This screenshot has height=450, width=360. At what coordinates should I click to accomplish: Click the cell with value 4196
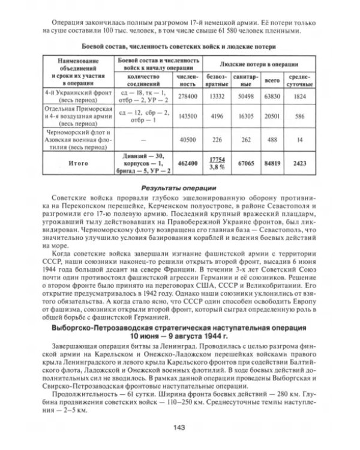[217, 117]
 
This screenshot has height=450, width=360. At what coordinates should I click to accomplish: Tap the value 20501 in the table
[277, 117]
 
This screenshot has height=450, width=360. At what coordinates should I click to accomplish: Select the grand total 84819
[277, 162]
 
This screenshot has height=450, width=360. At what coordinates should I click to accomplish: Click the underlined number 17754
[217, 158]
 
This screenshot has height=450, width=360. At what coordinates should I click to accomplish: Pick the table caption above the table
[179, 46]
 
